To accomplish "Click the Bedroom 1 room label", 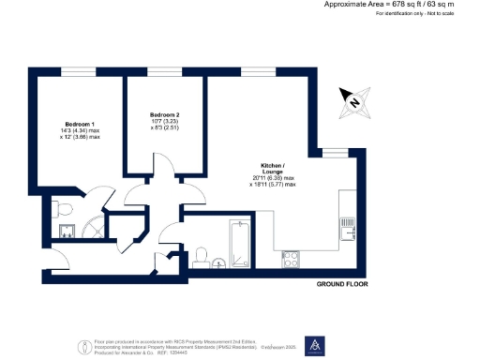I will [x=78, y=124].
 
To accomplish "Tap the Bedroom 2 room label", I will [x=163, y=114].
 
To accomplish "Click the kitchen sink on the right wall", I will [x=348, y=226].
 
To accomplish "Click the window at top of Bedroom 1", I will [x=78, y=72].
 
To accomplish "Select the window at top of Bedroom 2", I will [x=164, y=72].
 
